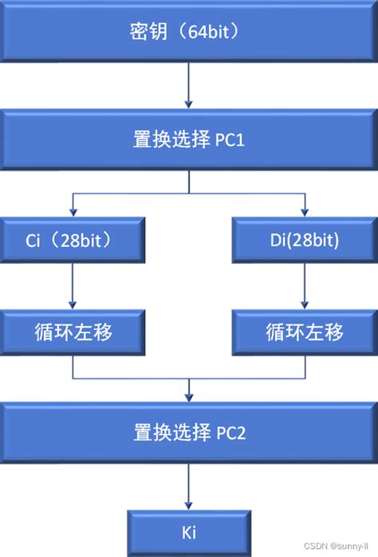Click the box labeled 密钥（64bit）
click(189, 33)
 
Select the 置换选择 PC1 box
click(189, 141)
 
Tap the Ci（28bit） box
click(73, 239)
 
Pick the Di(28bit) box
click(304, 239)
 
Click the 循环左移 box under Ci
click(73, 331)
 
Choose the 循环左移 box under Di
click(304, 331)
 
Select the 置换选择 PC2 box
click(189, 433)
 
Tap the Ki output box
click(189, 531)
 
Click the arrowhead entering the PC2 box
click(189, 398)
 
